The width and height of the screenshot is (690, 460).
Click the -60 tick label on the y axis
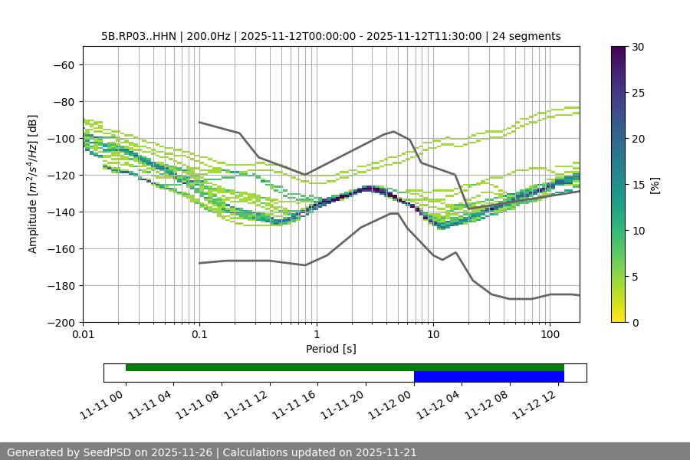[64, 64]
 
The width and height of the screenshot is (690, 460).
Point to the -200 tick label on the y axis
[61, 322]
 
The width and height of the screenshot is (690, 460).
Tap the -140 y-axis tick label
[61, 212]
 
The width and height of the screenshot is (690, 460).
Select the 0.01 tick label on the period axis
[83, 335]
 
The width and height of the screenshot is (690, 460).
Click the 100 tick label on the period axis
[550, 335]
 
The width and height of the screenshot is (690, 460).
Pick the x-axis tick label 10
[433, 335]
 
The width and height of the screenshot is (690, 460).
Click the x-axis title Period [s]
[330, 349]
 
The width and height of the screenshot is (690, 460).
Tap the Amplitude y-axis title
[33, 184]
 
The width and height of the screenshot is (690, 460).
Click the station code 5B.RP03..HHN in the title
[139, 36]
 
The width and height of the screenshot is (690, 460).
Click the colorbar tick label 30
[637, 47]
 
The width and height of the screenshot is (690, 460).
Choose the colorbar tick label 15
[637, 185]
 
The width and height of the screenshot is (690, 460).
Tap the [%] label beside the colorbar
[655, 185]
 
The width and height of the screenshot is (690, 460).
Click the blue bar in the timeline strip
[488, 376]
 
